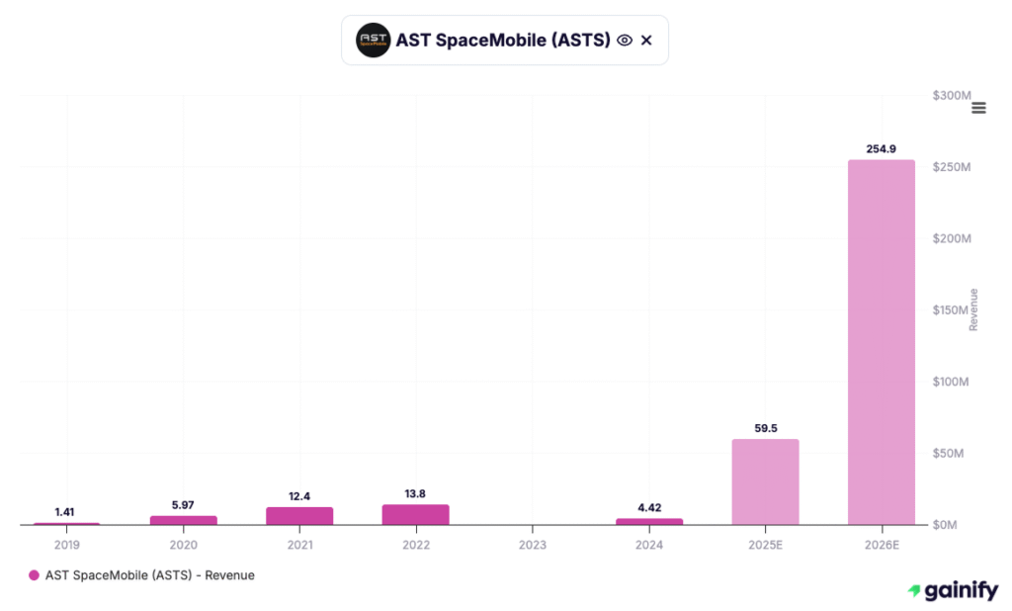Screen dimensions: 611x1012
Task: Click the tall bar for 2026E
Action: tap(881, 341)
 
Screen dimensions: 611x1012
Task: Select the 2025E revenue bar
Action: tap(765, 481)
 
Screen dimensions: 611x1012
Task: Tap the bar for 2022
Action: tap(415, 514)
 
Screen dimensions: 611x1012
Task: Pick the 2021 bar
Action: tap(299, 515)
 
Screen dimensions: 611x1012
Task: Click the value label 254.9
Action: tap(881, 148)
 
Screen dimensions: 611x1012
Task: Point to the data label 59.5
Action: tap(765, 428)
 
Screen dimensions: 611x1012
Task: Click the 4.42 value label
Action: tap(648, 507)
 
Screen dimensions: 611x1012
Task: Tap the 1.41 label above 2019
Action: tap(65, 512)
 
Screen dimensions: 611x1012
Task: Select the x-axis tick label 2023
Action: tap(532, 545)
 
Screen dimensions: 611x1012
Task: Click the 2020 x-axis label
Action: tap(183, 545)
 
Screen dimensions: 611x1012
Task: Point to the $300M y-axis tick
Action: tap(951, 96)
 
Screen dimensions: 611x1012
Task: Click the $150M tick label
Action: tap(951, 310)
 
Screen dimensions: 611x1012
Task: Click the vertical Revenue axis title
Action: tap(973, 309)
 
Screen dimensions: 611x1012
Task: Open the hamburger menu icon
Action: tap(978, 108)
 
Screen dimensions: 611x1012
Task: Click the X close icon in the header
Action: tap(646, 41)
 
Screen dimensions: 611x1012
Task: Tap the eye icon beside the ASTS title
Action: tap(625, 41)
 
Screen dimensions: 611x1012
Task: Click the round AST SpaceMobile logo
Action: tap(373, 41)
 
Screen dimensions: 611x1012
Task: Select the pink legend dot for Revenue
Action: tap(35, 574)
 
